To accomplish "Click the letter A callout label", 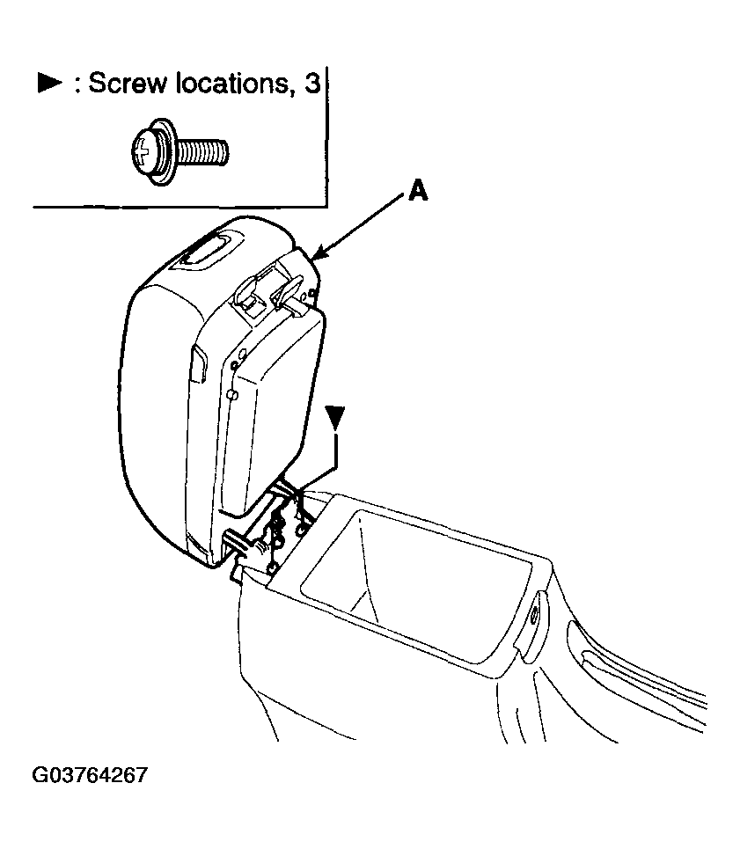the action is [418, 192].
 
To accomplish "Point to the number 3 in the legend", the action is [312, 84].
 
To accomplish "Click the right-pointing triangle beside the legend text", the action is [50, 84].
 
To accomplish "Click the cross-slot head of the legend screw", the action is [143, 151].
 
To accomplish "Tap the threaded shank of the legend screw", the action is [202, 152].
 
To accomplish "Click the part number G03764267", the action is [90, 775].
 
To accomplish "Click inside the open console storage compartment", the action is [417, 580].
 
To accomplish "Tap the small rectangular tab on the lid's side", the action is [198, 365].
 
